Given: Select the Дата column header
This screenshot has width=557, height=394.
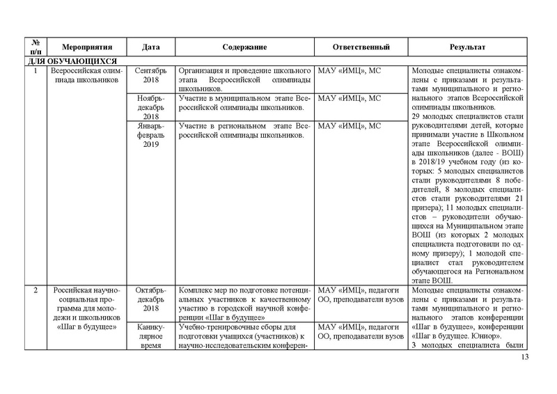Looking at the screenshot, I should pyautogui.click(x=151, y=47).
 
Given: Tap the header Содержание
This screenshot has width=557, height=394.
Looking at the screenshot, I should pyautogui.click(x=244, y=47).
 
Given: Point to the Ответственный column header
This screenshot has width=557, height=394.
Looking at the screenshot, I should pyautogui.click(x=361, y=47).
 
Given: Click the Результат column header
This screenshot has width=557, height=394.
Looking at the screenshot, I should pyautogui.click(x=466, y=47).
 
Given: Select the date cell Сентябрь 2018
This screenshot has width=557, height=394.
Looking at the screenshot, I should pyautogui.click(x=151, y=76).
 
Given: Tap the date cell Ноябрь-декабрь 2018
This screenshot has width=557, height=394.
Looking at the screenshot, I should pyautogui.click(x=151, y=107).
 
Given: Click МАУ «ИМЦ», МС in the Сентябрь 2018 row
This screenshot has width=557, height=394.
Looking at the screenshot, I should pyautogui.click(x=349, y=71).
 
